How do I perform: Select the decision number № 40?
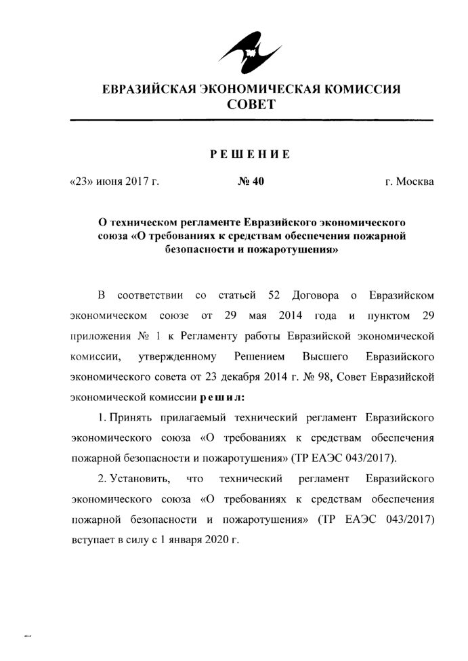click(x=250, y=182)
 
